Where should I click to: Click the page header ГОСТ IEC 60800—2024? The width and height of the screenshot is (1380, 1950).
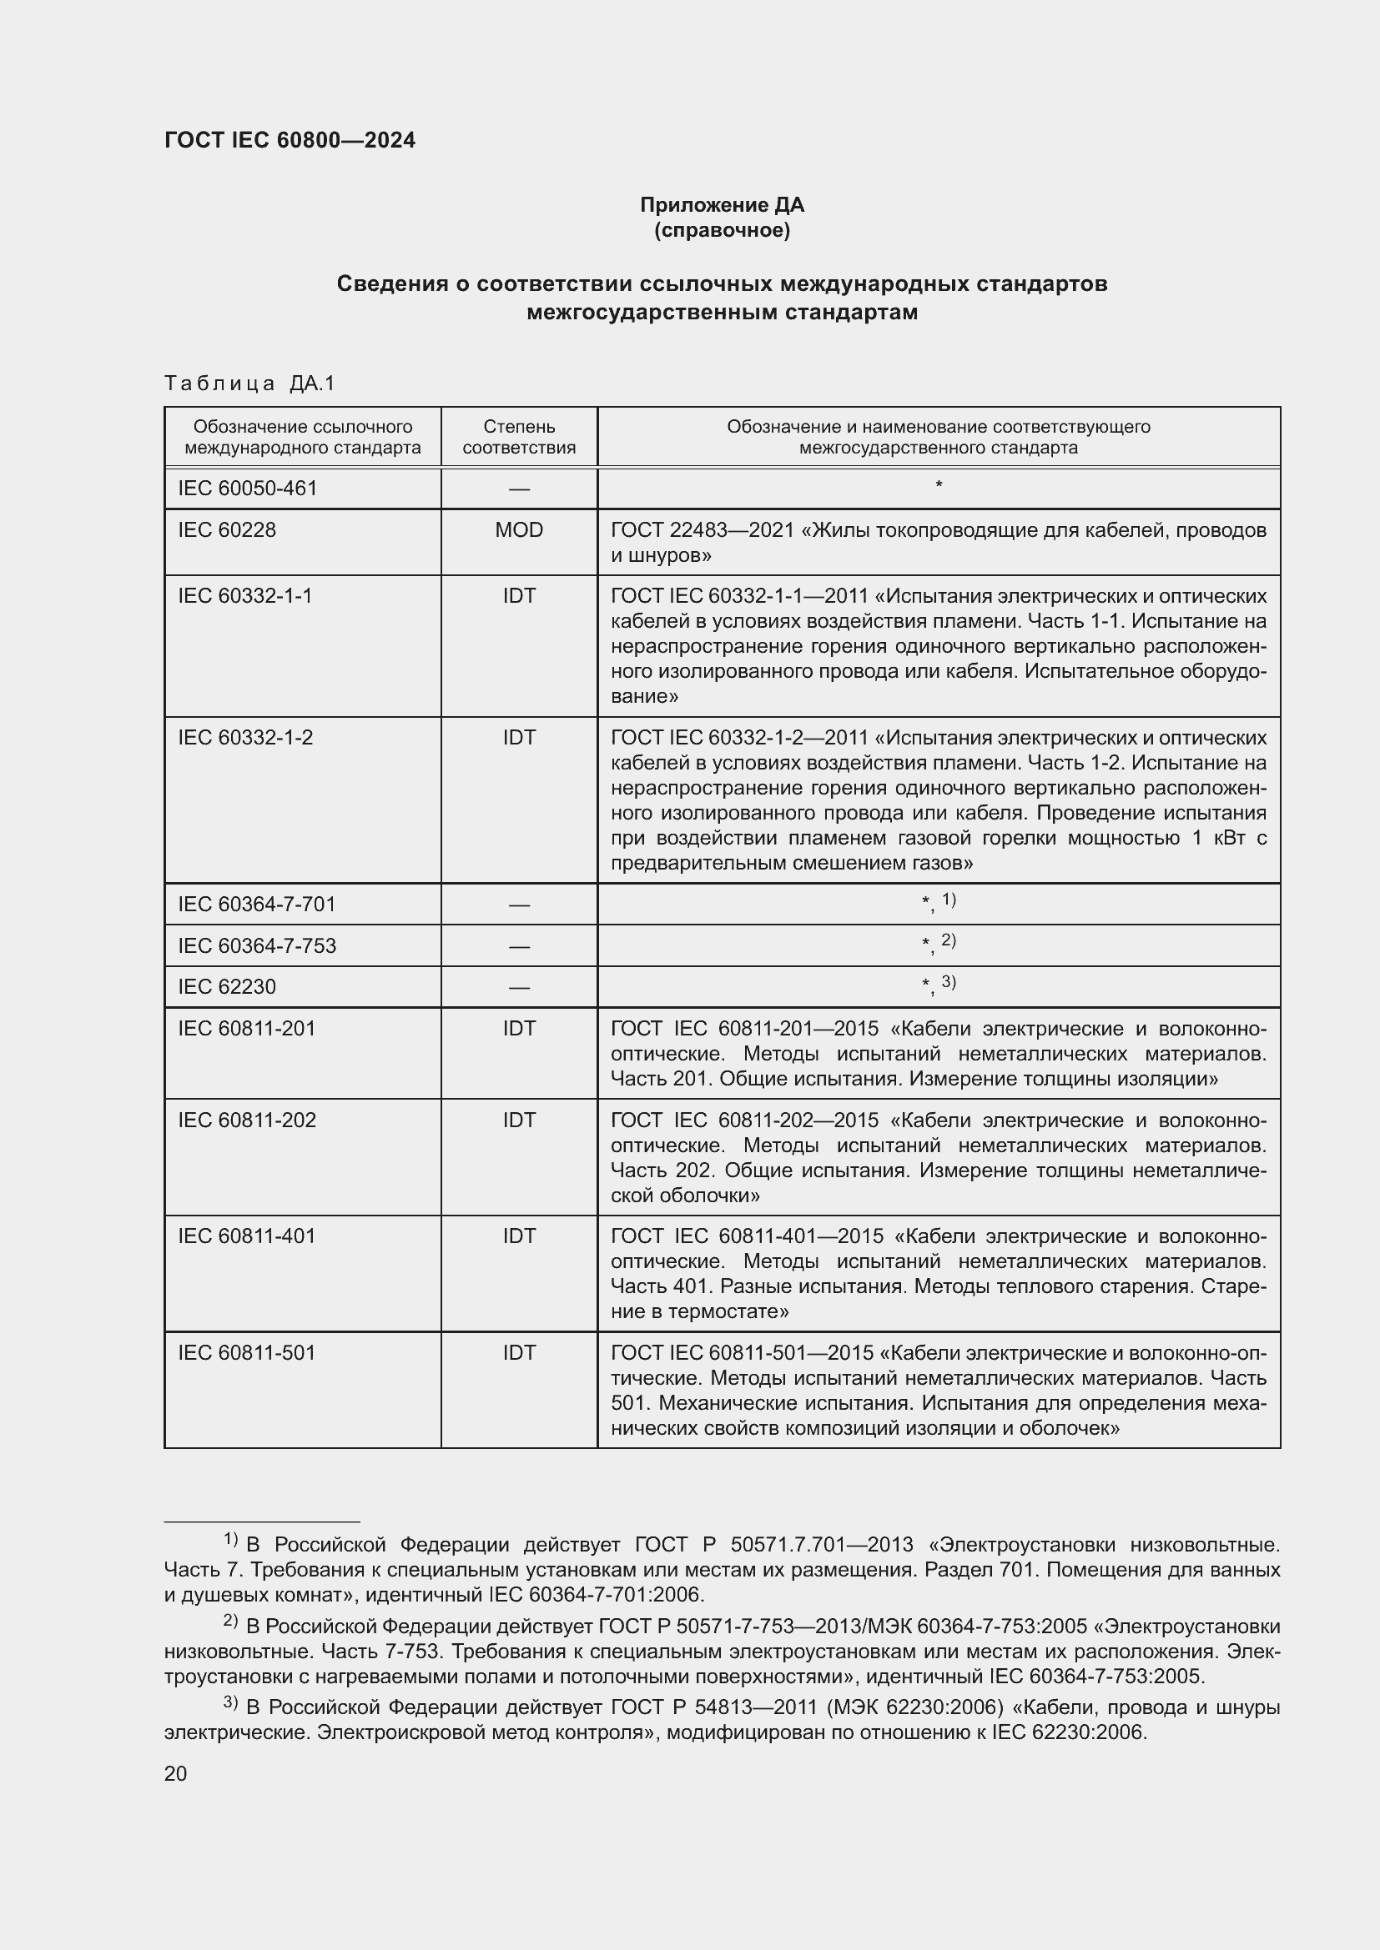tap(290, 140)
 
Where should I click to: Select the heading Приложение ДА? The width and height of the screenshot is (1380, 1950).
tap(722, 205)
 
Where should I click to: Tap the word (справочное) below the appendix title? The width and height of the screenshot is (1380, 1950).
tap(722, 230)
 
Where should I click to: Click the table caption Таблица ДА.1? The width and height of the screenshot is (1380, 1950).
tap(249, 383)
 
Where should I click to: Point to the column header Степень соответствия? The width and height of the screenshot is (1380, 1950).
tap(518, 437)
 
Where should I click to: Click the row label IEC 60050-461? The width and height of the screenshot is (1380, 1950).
tap(247, 489)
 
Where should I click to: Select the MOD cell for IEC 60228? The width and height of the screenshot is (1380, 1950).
tap(518, 530)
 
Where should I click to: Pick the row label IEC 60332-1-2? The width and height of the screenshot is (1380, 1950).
tap(244, 737)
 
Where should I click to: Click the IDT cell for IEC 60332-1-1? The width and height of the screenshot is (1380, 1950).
tap(518, 596)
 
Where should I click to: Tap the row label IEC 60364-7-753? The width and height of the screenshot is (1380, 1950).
tap(257, 945)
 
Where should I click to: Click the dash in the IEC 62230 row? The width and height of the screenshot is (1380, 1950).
tap(518, 987)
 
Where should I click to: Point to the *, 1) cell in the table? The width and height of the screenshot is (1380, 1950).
tap(938, 903)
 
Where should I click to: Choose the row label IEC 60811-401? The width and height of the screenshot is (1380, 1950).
tap(246, 1236)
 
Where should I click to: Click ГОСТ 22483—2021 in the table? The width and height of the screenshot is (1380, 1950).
tap(702, 530)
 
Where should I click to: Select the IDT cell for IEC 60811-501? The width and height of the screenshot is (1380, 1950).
tap(518, 1352)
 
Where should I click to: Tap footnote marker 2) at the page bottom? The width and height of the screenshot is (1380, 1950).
tap(230, 1620)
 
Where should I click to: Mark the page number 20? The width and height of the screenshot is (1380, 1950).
tap(176, 1774)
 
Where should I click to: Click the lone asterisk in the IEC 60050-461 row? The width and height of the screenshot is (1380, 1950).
tap(938, 486)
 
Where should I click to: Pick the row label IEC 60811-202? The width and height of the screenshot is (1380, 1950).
tap(246, 1120)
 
